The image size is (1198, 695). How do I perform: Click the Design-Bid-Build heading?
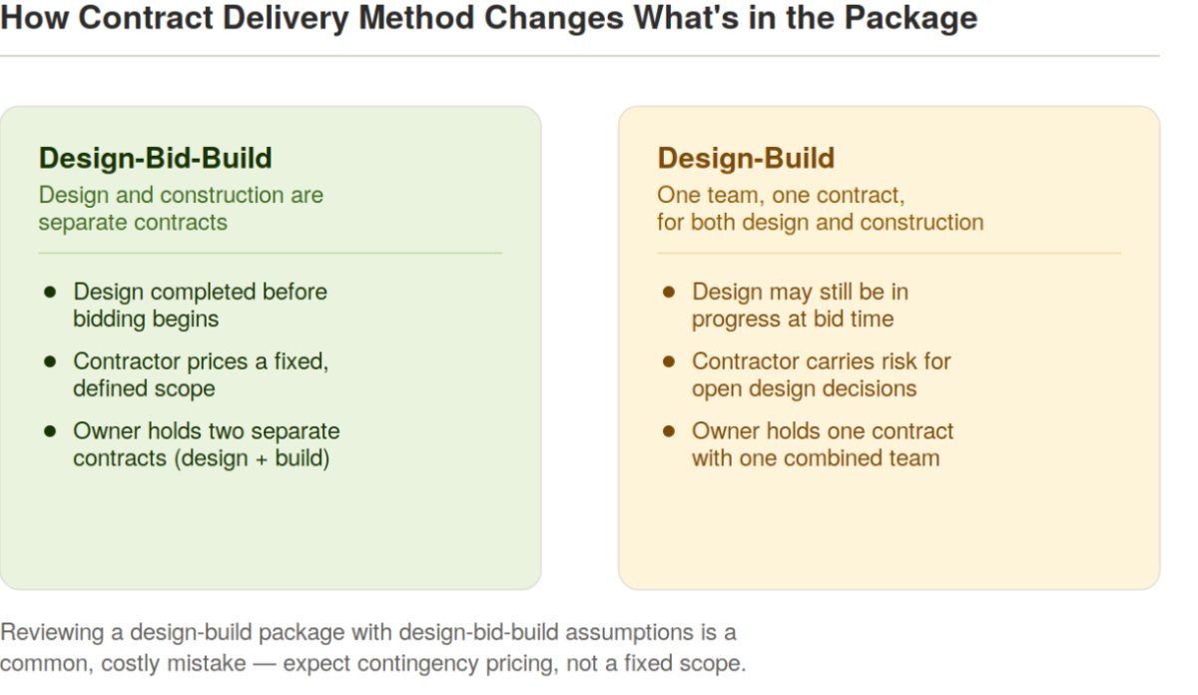pos(155,159)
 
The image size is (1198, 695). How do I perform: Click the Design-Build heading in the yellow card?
pos(746,159)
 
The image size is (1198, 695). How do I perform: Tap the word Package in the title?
pos(910,18)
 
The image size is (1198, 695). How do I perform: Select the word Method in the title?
pos(416,18)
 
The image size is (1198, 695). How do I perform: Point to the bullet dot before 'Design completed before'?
pos(50,293)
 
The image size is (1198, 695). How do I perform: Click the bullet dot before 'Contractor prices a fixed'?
pos(50,361)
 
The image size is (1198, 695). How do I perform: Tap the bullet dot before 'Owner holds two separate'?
pos(50,431)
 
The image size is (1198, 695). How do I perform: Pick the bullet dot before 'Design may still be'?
pos(669,293)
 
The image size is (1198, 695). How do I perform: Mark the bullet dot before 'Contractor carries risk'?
pos(669,361)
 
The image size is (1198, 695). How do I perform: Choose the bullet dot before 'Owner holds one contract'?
pos(669,431)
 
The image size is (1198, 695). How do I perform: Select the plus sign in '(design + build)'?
pos(261,459)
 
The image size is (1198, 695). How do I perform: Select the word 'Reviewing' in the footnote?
pos(52,633)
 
